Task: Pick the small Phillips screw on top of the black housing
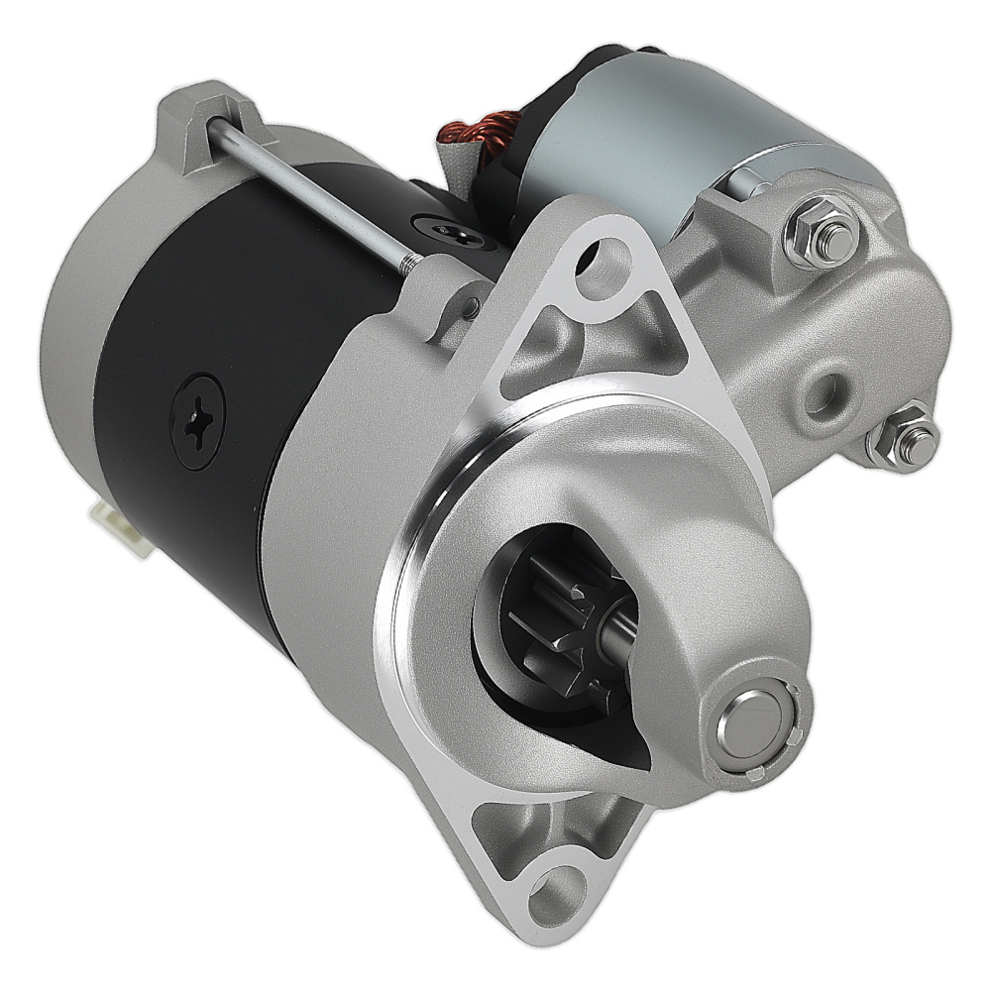click(x=452, y=233)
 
